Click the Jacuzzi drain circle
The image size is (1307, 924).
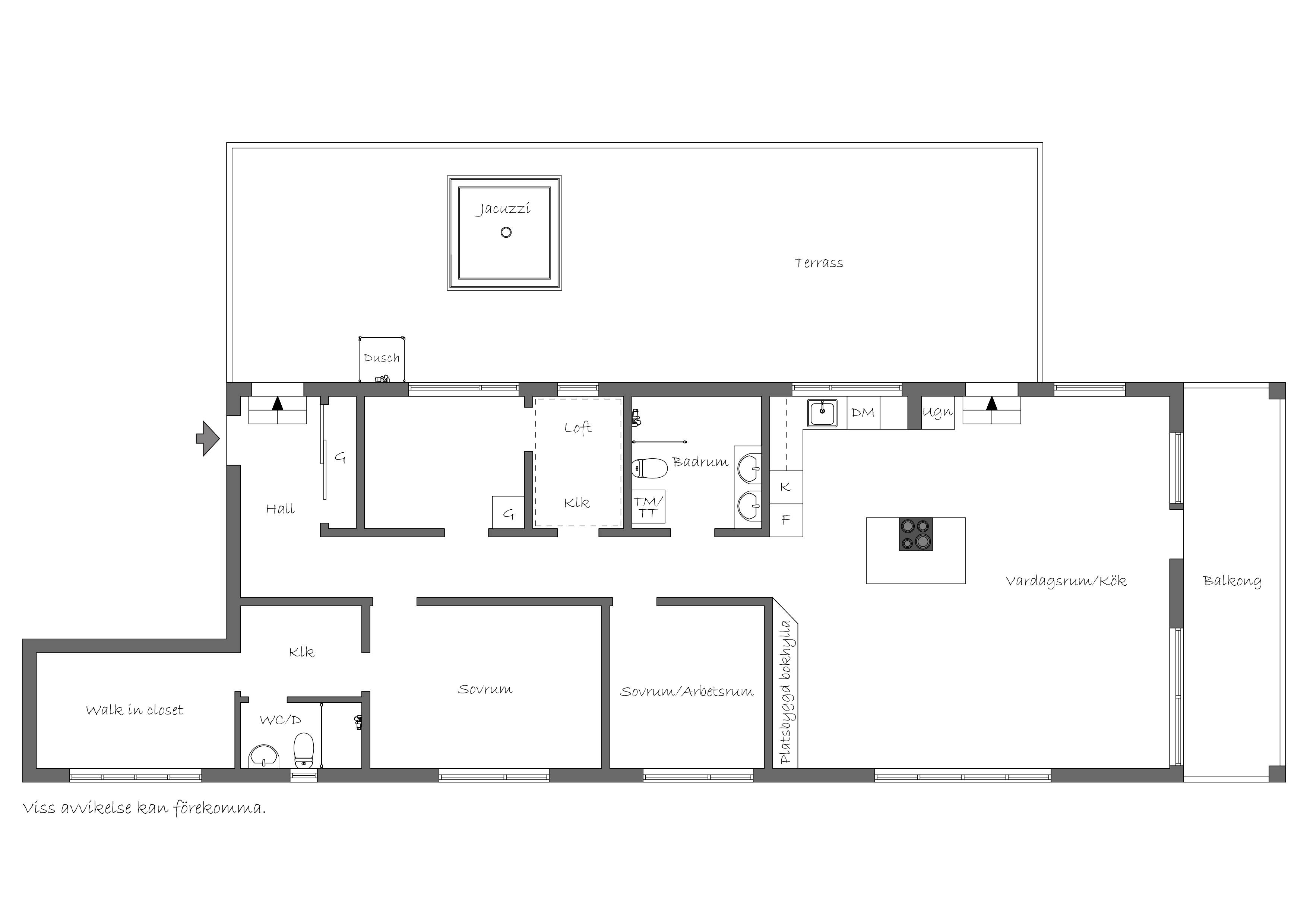(506, 232)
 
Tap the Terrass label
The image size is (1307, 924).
(819, 262)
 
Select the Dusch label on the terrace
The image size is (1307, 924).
(382, 358)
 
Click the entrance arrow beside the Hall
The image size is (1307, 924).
(208, 439)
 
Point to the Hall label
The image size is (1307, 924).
(280, 509)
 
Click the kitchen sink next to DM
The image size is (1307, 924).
(822, 413)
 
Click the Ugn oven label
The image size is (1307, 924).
(937, 412)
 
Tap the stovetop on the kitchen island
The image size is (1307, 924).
(916, 534)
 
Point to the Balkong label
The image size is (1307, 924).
(1232, 581)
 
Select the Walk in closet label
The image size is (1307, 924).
(135, 709)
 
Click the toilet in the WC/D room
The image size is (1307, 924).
(304, 750)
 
